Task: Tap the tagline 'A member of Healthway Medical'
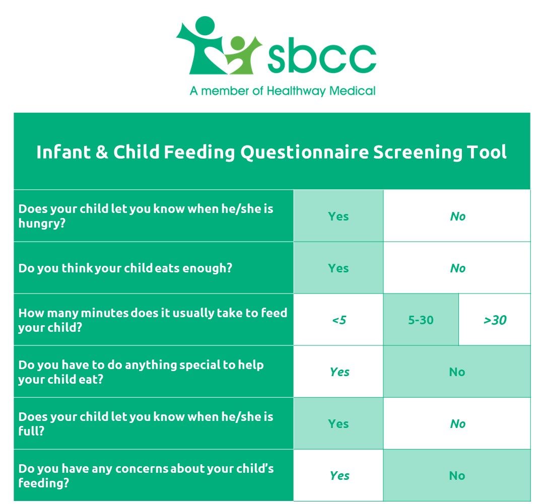click(x=283, y=91)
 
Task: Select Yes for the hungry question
click(x=338, y=217)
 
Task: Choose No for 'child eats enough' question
click(x=457, y=268)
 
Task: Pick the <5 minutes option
click(x=338, y=320)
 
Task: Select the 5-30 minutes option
click(x=421, y=320)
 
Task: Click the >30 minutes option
click(x=495, y=320)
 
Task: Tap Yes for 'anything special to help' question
click(x=339, y=372)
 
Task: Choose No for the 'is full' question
click(x=457, y=424)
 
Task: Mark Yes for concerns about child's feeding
click(x=339, y=476)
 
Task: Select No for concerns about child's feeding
click(x=457, y=476)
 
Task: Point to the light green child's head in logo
click(x=237, y=43)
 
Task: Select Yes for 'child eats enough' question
click(x=338, y=268)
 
